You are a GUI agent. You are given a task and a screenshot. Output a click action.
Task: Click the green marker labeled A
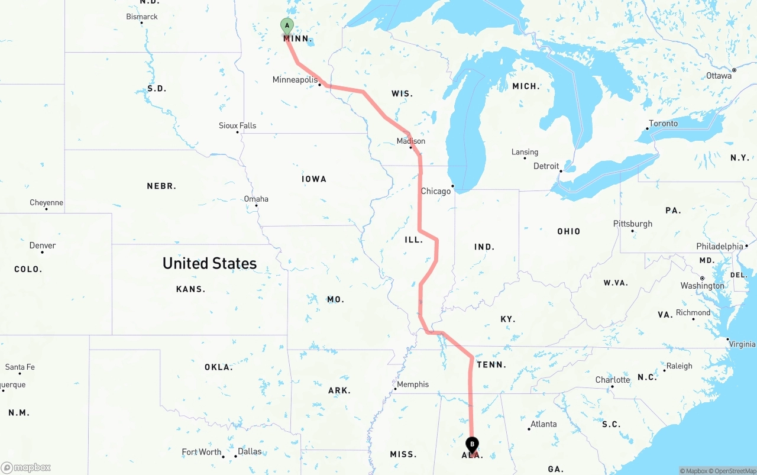(x=287, y=26)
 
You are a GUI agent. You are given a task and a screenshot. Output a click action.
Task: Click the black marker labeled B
(x=472, y=444)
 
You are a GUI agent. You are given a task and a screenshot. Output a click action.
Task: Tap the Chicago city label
(x=435, y=191)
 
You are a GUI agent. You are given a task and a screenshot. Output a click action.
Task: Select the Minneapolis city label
(x=295, y=80)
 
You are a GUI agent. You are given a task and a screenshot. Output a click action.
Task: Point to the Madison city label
(x=410, y=141)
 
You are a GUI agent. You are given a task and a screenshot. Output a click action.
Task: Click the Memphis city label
(x=412, y=384)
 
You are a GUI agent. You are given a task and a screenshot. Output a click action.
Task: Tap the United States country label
(x=209, y=263)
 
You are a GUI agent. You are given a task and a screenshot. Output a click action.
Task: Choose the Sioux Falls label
(x=237, y=125)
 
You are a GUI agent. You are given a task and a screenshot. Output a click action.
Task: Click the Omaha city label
(x=256, y=199)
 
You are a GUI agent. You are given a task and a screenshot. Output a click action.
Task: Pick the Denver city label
(x=43, y=245)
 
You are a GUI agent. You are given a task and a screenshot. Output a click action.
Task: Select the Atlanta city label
(x=543, y=424)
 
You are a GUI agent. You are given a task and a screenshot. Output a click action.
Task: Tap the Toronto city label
(x=663, y=124)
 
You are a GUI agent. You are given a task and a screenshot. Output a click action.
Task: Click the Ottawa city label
(x=719, y=76)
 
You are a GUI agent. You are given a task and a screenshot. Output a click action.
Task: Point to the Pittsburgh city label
(x=632, y=224)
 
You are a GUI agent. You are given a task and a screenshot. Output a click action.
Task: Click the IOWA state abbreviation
(x=313, y=179)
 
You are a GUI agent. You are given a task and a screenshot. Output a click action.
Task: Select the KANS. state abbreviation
(x=190, y=289)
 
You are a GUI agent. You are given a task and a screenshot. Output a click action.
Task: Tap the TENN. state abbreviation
(x=491, y=365)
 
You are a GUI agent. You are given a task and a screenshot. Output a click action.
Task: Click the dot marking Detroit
(x=561, y=171)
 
